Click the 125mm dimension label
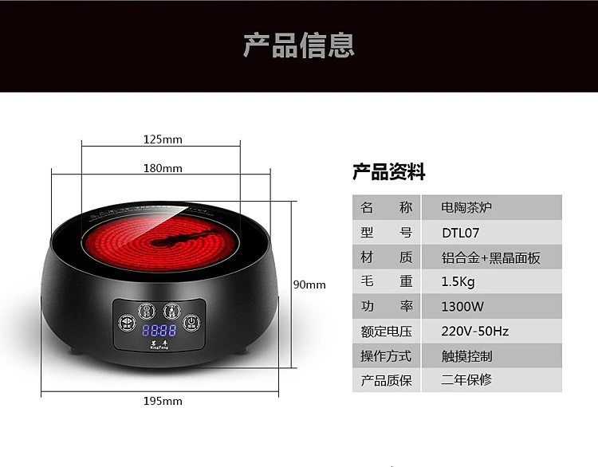click(163, 139)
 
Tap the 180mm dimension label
click(163, 168)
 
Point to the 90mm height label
click(309, 285)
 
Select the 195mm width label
click(163, 400)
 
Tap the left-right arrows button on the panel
click(127, 323)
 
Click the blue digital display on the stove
click(159, 331)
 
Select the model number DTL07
click(461, 233)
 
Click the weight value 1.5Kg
click(458, 281)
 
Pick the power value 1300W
click(462, 306)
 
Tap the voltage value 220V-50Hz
click(475, 331)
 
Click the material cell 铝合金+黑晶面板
click(490, 257)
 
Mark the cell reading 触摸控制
click(466, 355)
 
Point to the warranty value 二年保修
click(466, 380)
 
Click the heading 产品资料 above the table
click(389, 172)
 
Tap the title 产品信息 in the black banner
click(298, 45)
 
